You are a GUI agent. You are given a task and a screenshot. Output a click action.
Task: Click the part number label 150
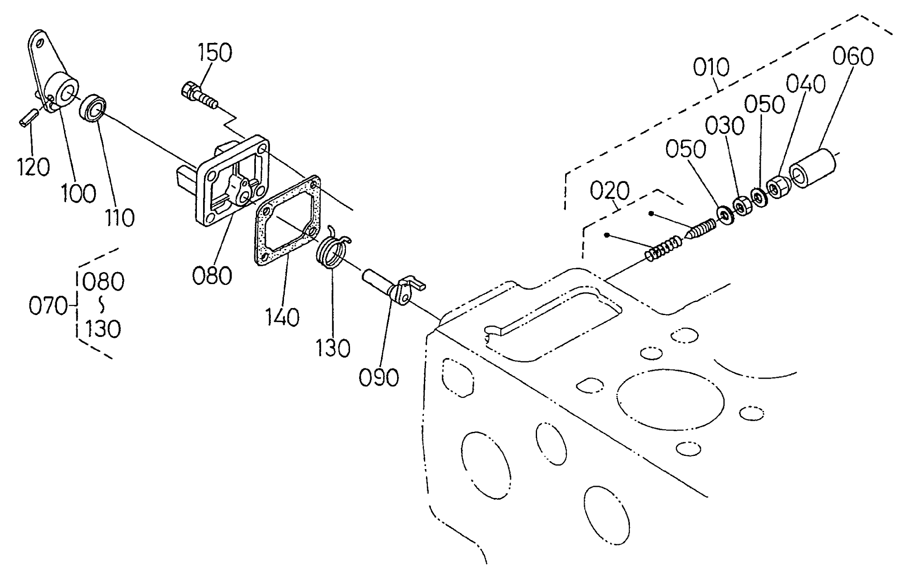(x=215, y=52)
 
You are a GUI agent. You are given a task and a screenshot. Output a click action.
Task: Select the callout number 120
(x=33, y=166)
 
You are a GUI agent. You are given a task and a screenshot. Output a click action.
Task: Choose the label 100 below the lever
(x=78, y=192)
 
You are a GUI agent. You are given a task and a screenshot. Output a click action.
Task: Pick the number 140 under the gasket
(x=282, y=317)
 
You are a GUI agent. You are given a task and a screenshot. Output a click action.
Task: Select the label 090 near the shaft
(x=379, y=377)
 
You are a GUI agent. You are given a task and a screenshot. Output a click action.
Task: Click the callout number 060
(x=853, y=57)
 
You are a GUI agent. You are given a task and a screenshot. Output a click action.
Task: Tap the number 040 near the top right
(x=805, y=84)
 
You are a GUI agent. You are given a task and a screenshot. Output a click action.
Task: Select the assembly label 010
(x=711, y=67)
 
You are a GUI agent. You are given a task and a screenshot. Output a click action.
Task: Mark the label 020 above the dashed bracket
(x=610, y=190)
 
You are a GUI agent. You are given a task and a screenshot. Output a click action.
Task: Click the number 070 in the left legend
(x=48, y=306)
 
